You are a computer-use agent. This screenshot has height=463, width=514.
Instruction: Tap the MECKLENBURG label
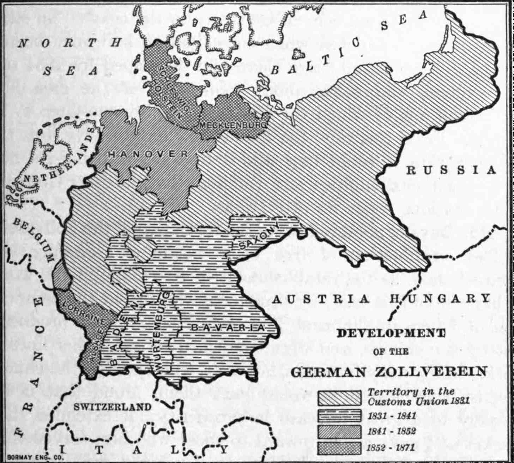[x=232, y=125]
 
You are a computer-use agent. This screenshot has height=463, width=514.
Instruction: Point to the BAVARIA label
[x=228, y=327]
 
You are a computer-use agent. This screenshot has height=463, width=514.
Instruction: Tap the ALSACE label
[x=96, y=344]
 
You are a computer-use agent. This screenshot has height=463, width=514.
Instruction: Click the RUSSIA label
[x=451, y=170]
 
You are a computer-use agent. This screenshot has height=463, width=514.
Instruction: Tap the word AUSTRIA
[x=321, y=299]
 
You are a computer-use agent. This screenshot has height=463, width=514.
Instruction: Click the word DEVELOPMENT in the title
[x=391, y=333]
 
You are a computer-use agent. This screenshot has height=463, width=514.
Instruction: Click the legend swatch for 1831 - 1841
[x=339, y=415]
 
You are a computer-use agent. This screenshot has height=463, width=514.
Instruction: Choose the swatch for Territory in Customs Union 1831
[x=339, y=398]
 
